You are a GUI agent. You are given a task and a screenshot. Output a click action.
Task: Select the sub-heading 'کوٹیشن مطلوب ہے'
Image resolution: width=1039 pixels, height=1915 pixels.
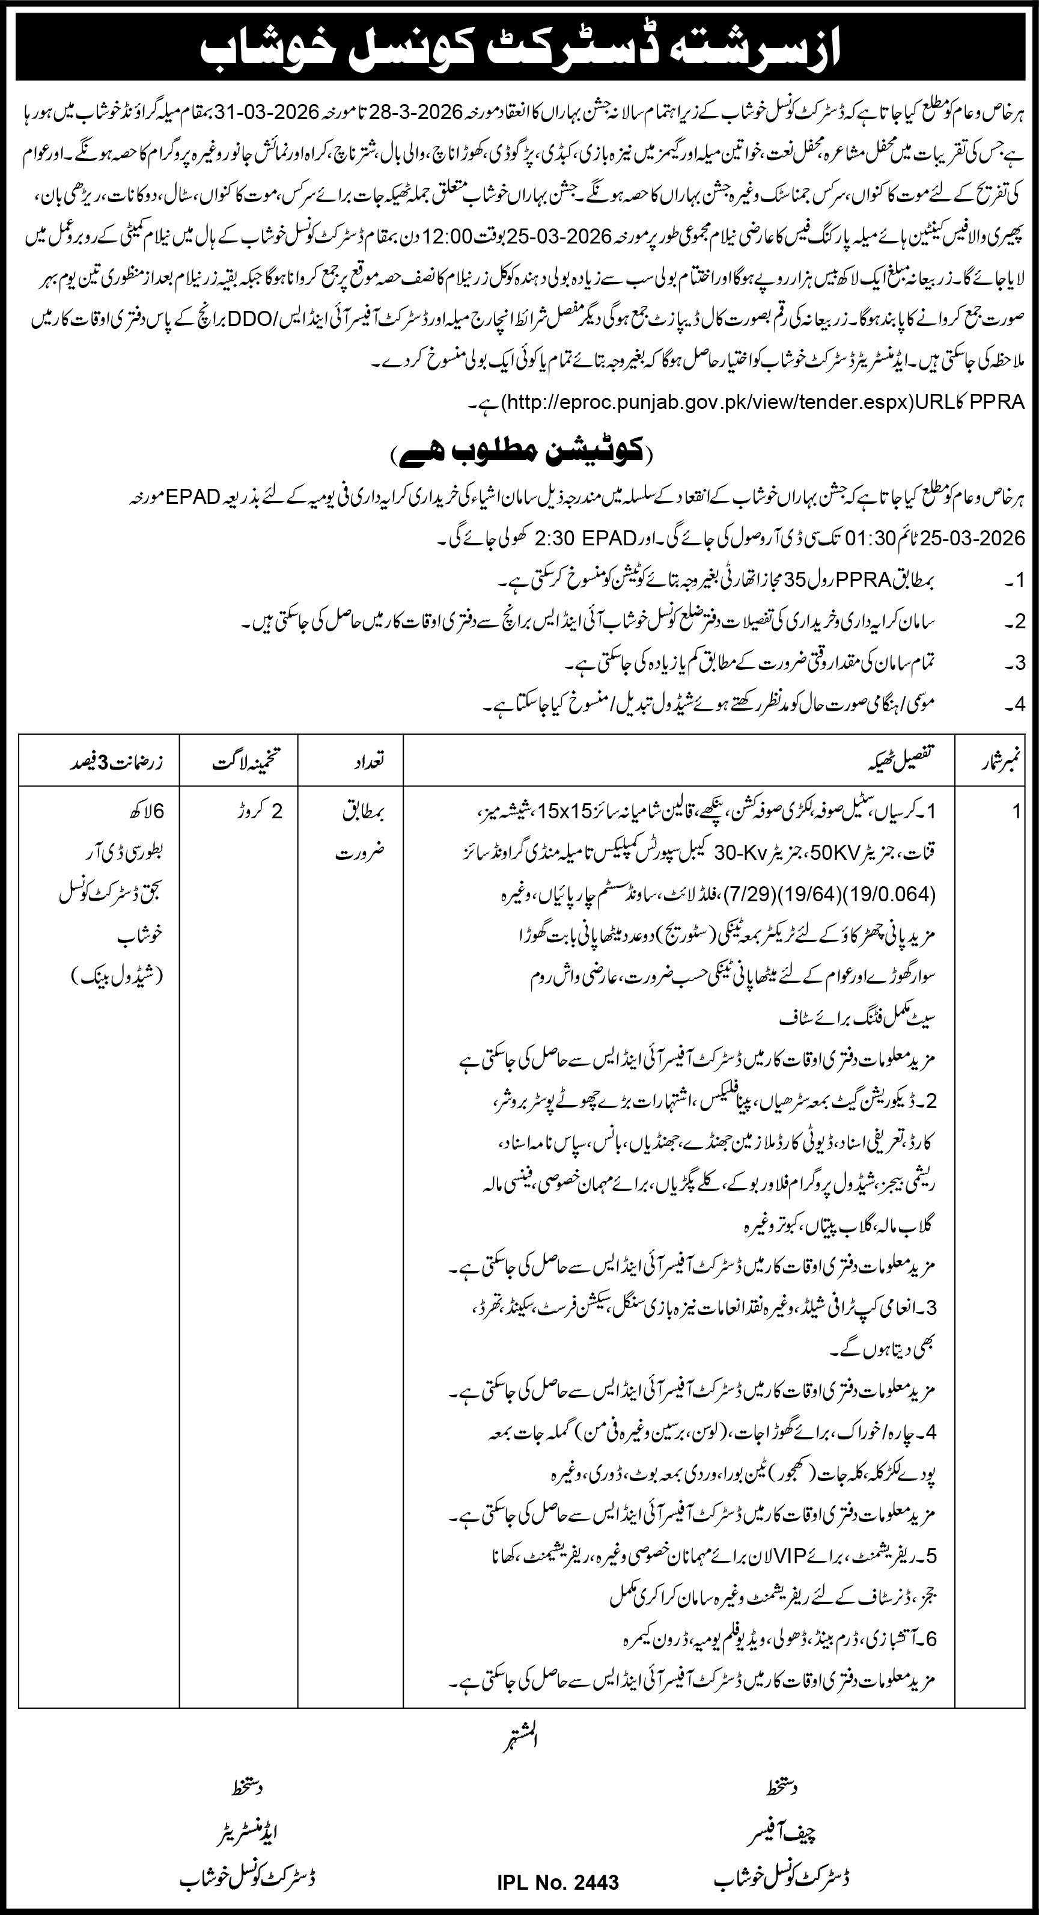[x=519, y=452]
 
